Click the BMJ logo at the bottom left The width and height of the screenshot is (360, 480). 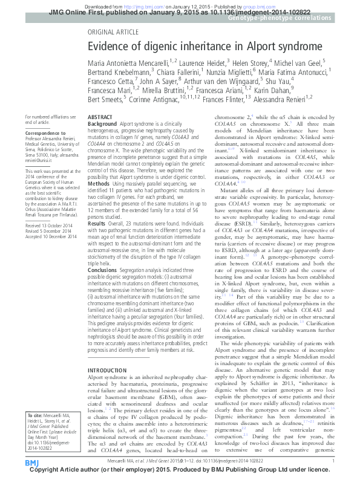[x=31, y=463]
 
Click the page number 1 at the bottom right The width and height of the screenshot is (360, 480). [x=333, y=461]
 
